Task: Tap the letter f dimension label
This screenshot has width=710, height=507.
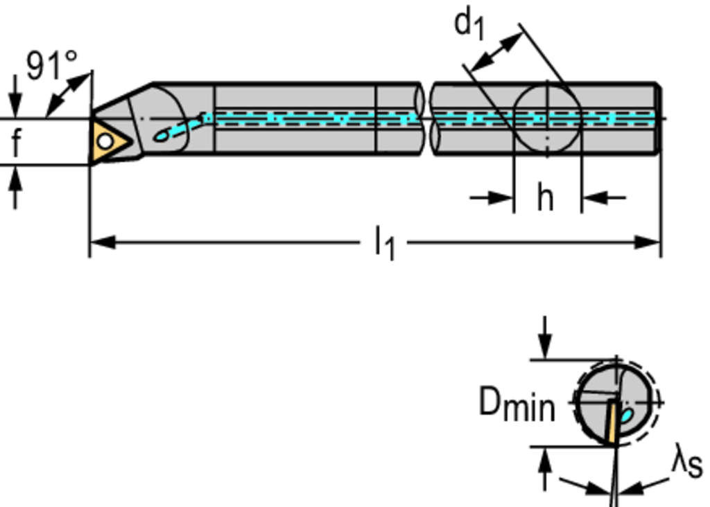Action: coord(15,143)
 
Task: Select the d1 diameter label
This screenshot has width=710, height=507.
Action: coord(469,24)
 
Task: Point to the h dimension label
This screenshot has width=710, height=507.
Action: coord(546,199)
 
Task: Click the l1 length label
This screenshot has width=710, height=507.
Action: coord(383,244)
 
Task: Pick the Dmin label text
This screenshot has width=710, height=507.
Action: coord(517,404)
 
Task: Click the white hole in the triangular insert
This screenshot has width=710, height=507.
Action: coord(105,141)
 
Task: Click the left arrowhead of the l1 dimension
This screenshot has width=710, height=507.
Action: coord(101,242)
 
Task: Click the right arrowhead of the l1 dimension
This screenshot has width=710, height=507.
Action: coord(649,242)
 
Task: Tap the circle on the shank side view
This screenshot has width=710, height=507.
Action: coord(547,118)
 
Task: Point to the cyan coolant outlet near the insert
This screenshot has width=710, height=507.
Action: coord(161,136)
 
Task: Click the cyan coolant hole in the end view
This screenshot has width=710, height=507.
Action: coord(627,416)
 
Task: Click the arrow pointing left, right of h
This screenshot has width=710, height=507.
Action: coord(594,198)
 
